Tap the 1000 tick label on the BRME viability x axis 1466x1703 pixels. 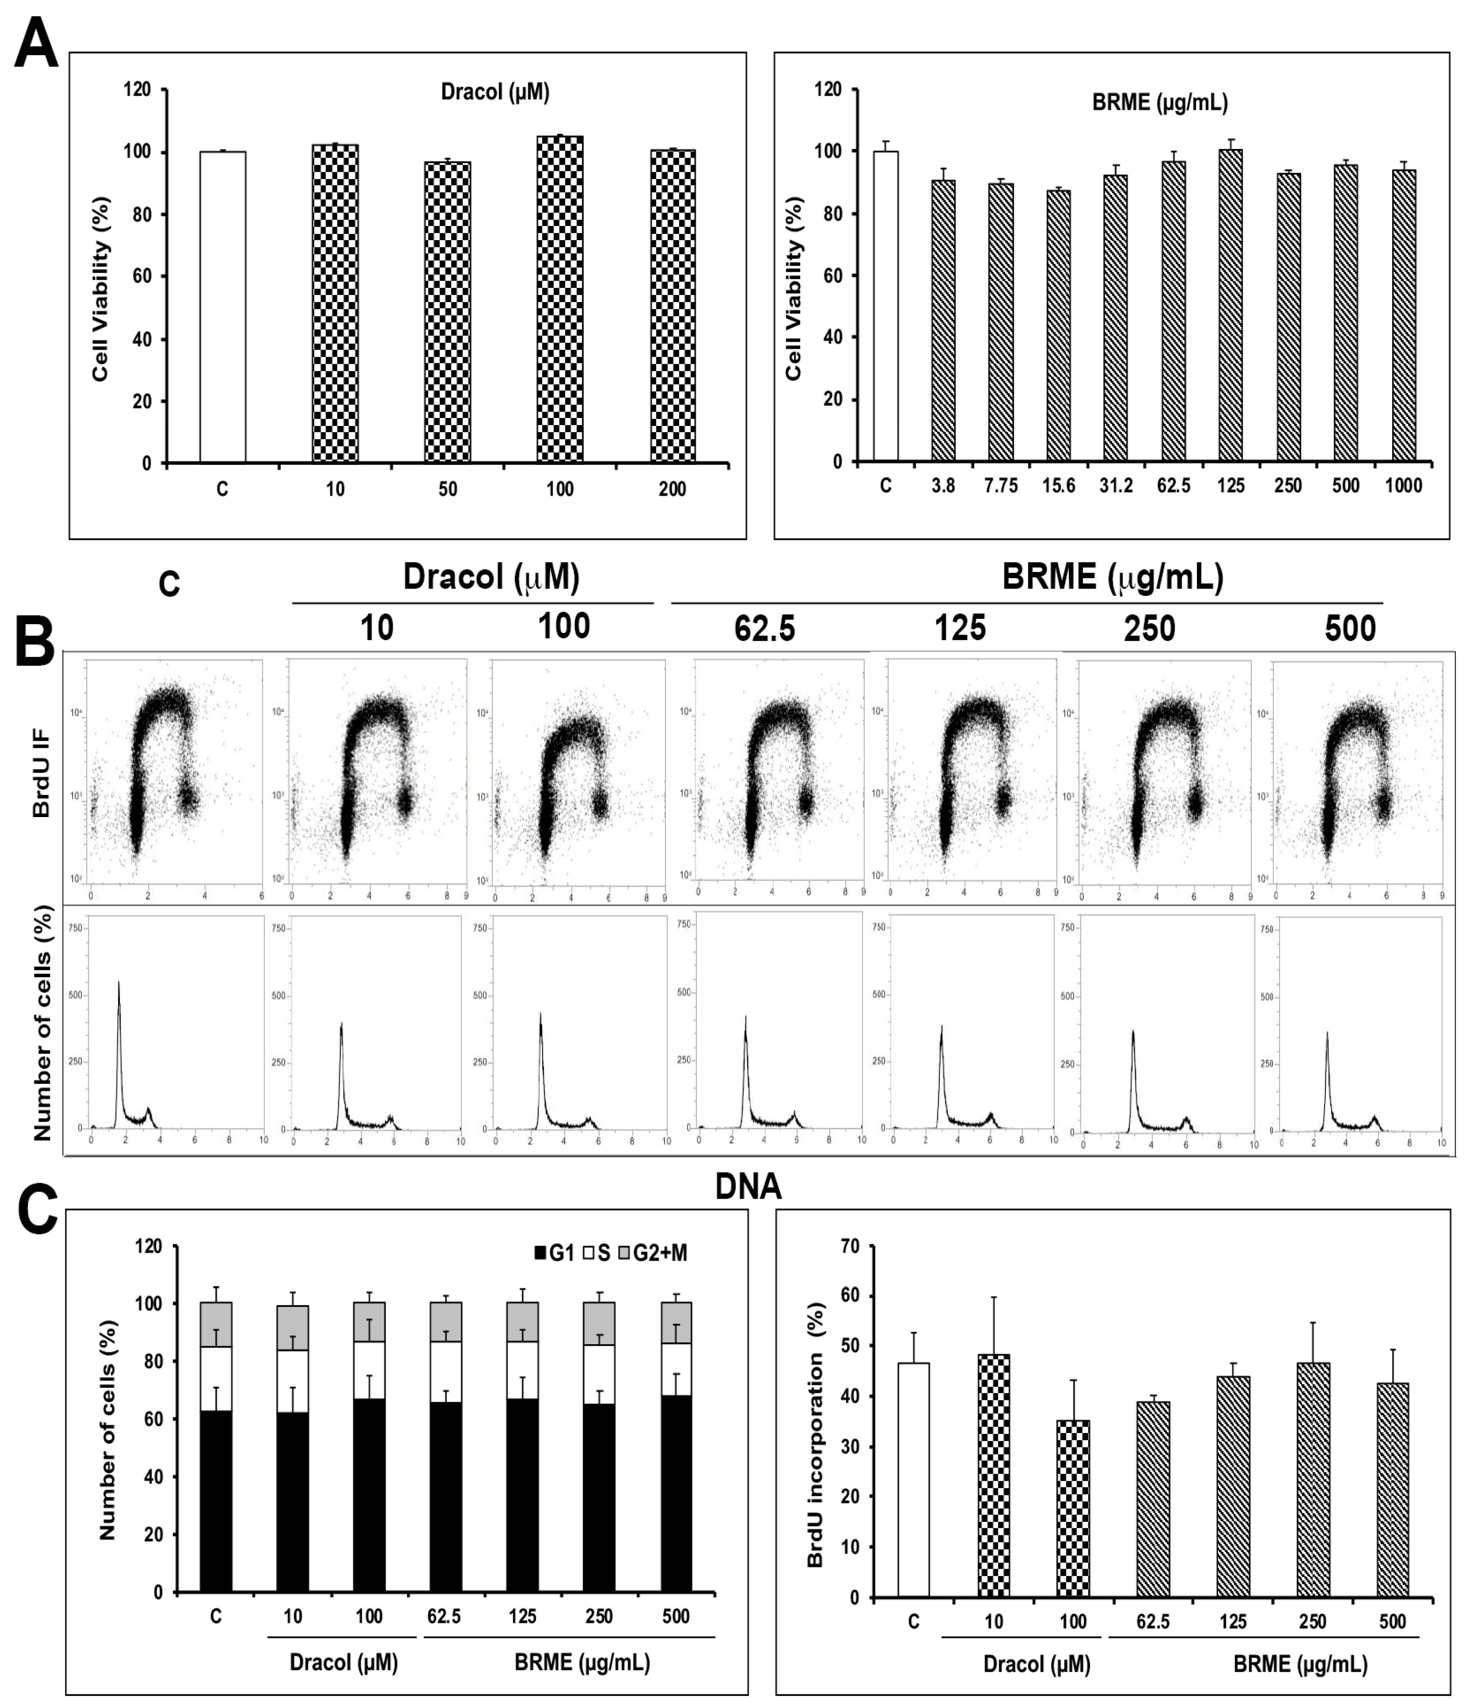click(x=1403, y=486)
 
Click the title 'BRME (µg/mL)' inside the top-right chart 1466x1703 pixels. click(x=1160, y=103)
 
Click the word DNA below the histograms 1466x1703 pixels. click(x=748, y=1187)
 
